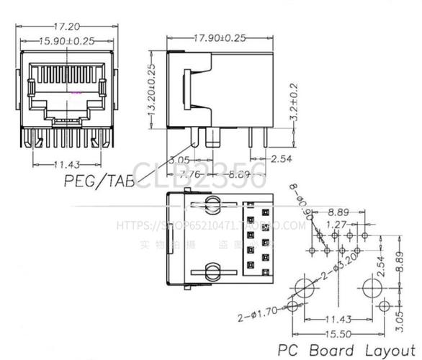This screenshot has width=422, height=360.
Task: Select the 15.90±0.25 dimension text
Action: [67, 41]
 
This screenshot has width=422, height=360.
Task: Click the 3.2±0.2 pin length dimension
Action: [293, 100]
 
